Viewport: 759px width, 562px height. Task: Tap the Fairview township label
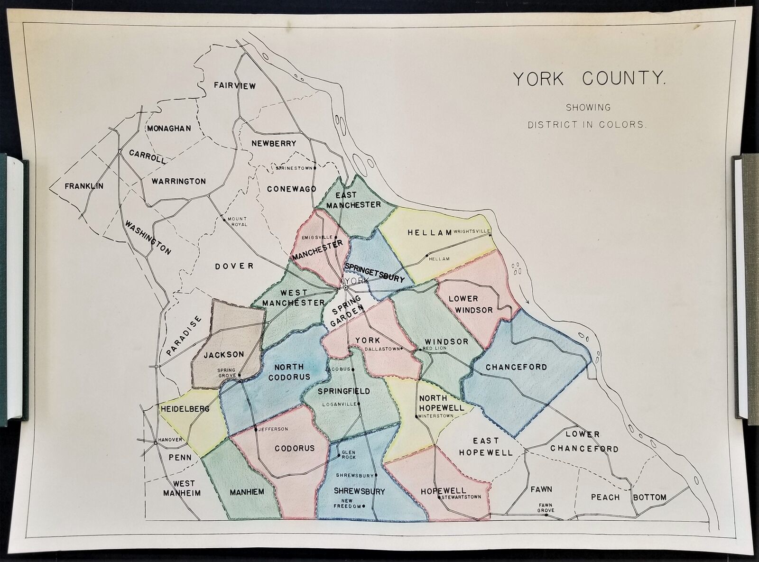(x=234, y=86)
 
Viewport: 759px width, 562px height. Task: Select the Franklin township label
(x=84, y=186)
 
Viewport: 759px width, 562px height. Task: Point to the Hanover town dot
(x=156, y=443)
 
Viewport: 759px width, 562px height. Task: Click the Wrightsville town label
(x=471, y=231)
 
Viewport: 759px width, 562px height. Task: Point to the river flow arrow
(x=527, y=296)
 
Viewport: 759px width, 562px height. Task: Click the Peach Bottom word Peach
(x=605, y=497)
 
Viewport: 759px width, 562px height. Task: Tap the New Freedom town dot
(x=363, y=506)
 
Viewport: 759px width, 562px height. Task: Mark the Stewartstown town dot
(x=441, y=498)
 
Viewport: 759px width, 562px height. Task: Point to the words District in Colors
(x=587, y=125)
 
